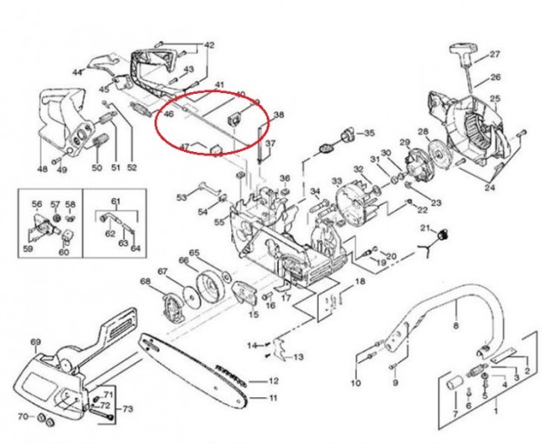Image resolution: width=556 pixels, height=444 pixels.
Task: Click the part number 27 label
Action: click(x=495, y=54)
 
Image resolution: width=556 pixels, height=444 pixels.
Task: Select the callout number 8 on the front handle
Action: click(x=454, y=327)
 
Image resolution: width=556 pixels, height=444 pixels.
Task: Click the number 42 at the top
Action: click(x=208, y=44)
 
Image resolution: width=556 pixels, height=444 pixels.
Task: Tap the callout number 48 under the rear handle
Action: click(x=42, y=169)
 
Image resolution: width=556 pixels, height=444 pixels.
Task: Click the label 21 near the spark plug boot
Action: click(x=427, y=228)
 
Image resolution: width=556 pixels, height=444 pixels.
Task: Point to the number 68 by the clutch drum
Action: click(x=144, y=282)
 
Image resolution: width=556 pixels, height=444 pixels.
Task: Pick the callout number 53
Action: click(x=181, y=198)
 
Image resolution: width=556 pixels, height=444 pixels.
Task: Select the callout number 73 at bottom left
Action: click(x=128, y=408)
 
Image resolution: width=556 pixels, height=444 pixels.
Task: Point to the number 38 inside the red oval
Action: click(x=279, y=115)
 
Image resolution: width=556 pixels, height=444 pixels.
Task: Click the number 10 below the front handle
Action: click(x=355, y=383)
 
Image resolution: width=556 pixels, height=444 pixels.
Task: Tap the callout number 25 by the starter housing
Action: click(x=496, y=100)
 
